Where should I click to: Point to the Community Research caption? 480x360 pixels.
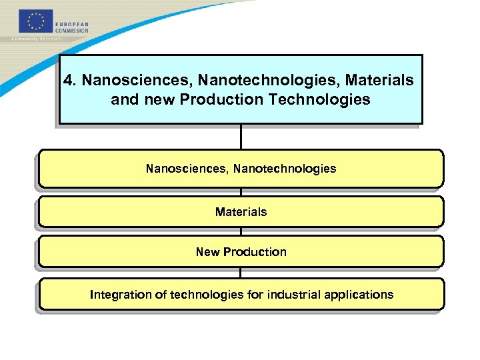click(x=37, y=39)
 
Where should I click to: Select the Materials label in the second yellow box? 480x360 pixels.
click(x=241, y=212)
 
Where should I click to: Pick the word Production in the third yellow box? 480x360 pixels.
click(x=255, y=252)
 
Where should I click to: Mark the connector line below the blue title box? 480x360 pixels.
click(x=241, y=137)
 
